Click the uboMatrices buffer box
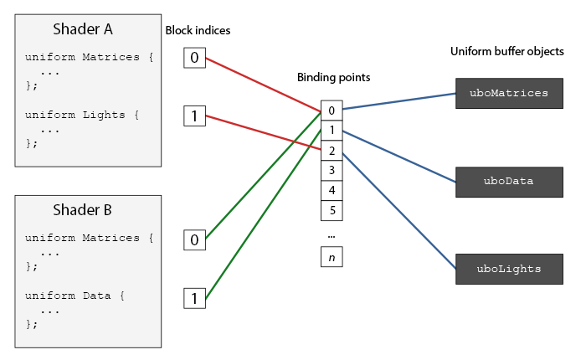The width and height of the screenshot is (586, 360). tap(509, 94)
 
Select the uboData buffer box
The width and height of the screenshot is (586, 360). tap(509, 182)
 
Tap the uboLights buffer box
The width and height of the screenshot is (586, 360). tap(509, 269)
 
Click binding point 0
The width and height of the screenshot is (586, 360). tap(332, 111)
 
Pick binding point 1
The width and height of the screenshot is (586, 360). tap(332, 131)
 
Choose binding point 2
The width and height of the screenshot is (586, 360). tap(332, 151)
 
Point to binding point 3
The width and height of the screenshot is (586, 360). tap(332, 171)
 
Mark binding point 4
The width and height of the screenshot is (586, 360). tap(332, 191)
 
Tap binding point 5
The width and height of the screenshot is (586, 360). tap(332, 210)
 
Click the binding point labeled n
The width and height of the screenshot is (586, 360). tap(332, 257)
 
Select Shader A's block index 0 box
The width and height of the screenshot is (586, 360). tap(194, 58)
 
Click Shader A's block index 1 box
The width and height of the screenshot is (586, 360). tap(194, 116)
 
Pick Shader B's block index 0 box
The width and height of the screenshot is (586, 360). tap(194, 240)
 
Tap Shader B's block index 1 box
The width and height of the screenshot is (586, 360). tap(194, 298)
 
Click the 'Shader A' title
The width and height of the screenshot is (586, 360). tap(83, 29)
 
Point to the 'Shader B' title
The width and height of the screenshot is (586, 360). tap(82, 210)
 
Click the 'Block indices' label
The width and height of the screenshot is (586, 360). tap(198, 30)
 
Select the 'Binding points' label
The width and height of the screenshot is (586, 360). tap(333, 77)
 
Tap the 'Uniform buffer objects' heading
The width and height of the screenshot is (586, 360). tap(506, 52)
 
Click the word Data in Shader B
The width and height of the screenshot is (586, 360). tap(97, 296)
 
